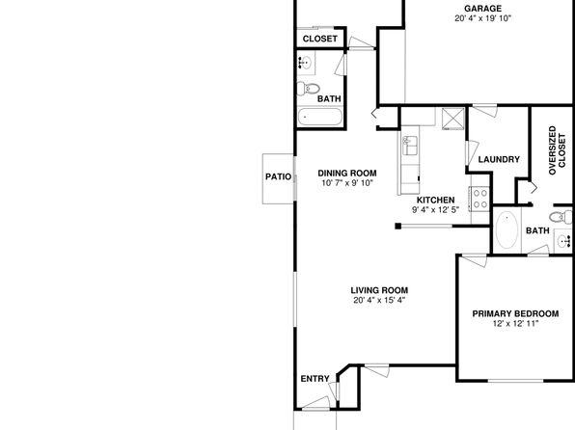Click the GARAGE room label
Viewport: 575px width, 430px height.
point(482,9)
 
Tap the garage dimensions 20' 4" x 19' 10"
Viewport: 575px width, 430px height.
point(482,18)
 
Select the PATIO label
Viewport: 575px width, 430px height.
point(278,176)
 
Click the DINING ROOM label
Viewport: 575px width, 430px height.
point(347,173)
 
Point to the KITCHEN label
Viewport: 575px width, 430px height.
point(436,201)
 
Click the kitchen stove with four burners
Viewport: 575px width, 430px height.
point(479,198)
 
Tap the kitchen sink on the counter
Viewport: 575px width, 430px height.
point(410,146)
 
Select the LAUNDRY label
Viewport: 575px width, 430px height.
point(499,159)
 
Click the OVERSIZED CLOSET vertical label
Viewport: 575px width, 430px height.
point(557,150)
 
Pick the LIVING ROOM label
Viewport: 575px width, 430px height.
point(379,290)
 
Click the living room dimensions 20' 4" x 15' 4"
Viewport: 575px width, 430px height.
point(379,301)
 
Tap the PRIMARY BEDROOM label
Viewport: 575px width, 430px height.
point(515,313)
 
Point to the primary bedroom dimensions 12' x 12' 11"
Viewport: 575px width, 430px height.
point(515,324)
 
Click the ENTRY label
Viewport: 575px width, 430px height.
point(315,379)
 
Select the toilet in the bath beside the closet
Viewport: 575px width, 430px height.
point(308,89)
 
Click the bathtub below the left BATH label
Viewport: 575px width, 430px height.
point(319,117)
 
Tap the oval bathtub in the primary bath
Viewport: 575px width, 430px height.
point(507,229)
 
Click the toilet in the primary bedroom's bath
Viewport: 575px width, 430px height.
point(561,217)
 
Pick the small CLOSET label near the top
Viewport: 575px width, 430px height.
point(319,39)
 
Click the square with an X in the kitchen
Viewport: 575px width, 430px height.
point(452,119)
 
